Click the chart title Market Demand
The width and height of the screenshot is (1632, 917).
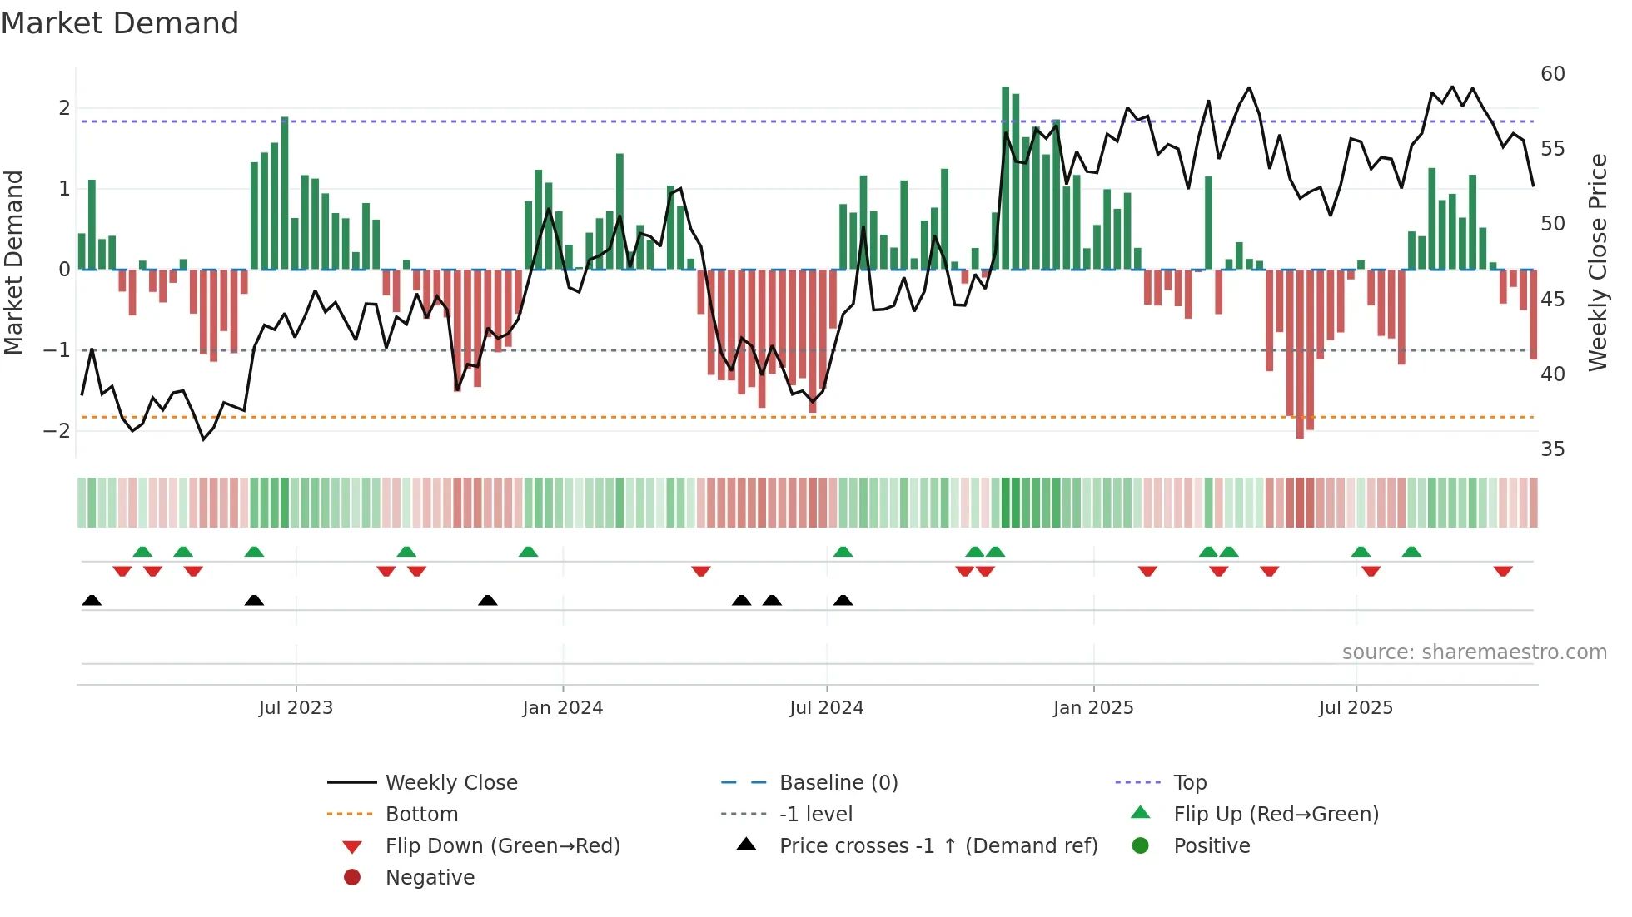tap(120, 23)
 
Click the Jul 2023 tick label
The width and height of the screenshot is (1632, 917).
tap(296, 708)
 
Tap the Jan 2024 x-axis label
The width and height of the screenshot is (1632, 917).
tap(562, 708)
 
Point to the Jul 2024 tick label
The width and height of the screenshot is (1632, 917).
tap(826, 708)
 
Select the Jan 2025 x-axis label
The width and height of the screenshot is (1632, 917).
tap(1092, 708)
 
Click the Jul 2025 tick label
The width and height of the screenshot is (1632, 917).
tap(1356, 708)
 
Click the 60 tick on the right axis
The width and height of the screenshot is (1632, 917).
tap(1552, 74)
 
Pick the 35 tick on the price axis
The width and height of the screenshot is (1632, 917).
tap(1552, 449)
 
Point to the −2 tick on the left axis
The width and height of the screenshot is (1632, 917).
tap(57, 431)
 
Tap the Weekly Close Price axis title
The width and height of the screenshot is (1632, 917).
tap(1597, 262)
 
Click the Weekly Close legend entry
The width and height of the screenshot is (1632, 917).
tap(450, 783)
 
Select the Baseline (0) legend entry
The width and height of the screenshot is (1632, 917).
tap(838, 783)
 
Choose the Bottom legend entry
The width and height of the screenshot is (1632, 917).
tap(421, 815)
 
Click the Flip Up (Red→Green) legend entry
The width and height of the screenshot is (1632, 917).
tap(1276, 815)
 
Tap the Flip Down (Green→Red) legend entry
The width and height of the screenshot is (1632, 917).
tap(502, 846)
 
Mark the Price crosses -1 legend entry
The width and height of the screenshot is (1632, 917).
tap(938, 846)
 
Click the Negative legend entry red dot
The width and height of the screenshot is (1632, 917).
tap(352, 878)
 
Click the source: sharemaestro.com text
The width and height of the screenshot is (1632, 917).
tap(1474, 652)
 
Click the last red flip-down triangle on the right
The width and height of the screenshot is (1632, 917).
tap(1502, 572)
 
